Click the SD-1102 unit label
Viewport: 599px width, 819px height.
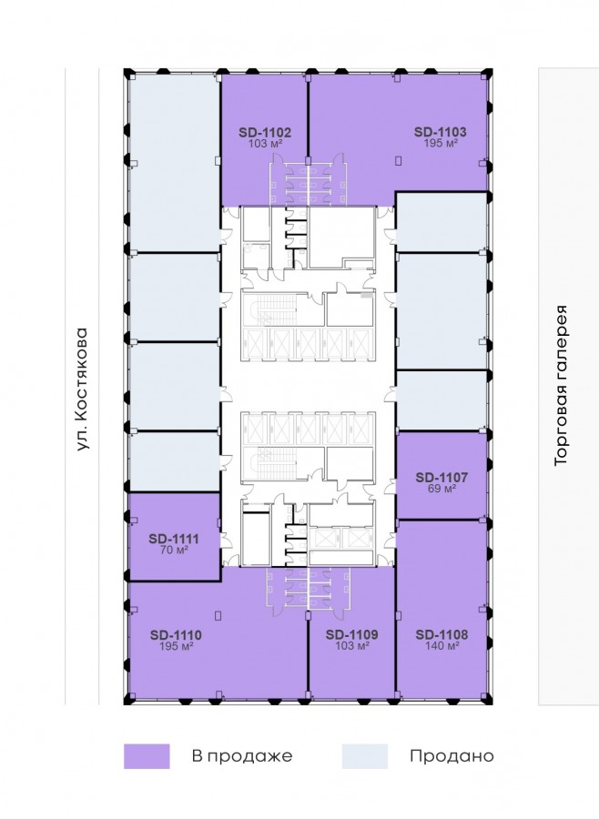click(x=265, y=132)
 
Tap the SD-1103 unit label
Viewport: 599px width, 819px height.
click(x=440, y=132)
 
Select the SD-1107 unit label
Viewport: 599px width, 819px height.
click(x=442, y=478)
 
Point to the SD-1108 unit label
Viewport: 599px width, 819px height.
click(x=442, y=634)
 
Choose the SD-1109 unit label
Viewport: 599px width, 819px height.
click(x=351, y=634)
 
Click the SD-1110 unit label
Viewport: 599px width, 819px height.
click(x=176, y=635)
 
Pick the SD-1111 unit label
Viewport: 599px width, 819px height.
click(x=174, y=539)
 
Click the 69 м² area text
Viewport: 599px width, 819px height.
click(x=442, y=489)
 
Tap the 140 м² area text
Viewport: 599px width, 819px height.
click(x=442, y=645)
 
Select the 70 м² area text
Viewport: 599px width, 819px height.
click(x=174, y=550)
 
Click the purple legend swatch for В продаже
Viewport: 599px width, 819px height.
click(x=147, y=756)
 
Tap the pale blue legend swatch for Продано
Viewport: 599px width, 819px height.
click(x=365, y=756)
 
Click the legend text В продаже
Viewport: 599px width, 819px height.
click(x=242, y=756)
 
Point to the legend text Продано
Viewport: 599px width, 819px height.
click(x=452, y=756)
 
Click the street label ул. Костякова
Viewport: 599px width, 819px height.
click(x=84, y=389)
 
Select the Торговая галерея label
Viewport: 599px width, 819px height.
click(x=561, y=385)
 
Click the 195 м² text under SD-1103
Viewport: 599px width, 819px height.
click(x=440, y=143)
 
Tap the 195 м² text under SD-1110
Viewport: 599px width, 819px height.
click(x=176, y=646)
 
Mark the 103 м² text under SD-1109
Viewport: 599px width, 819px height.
click(x=351, y=645)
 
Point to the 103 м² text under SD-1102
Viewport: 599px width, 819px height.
click(x=265, y=143)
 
